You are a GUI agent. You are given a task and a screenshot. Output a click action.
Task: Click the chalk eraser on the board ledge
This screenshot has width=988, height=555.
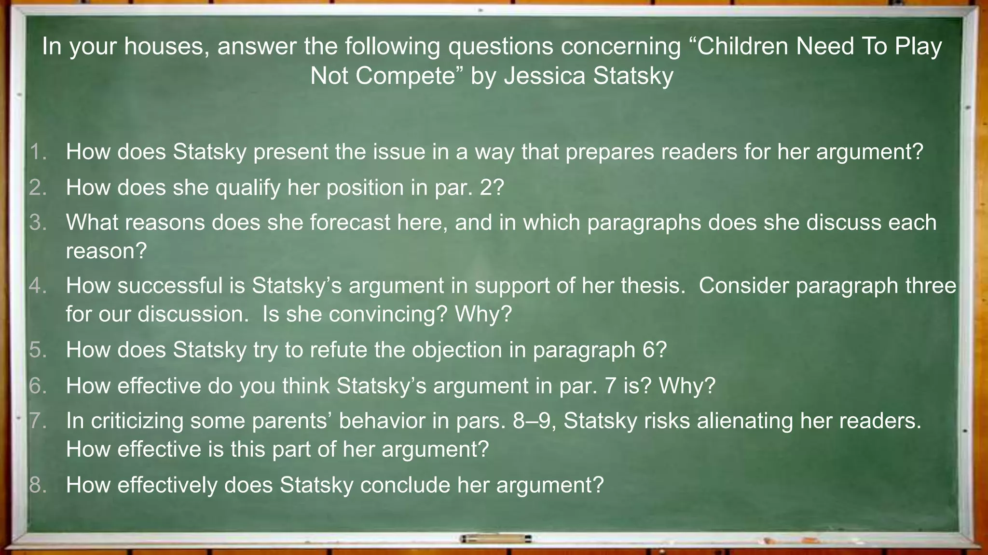495,539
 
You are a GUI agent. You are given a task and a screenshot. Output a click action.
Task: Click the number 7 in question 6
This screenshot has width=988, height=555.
610,386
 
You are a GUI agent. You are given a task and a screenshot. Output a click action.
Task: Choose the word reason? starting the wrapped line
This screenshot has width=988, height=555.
106,251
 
